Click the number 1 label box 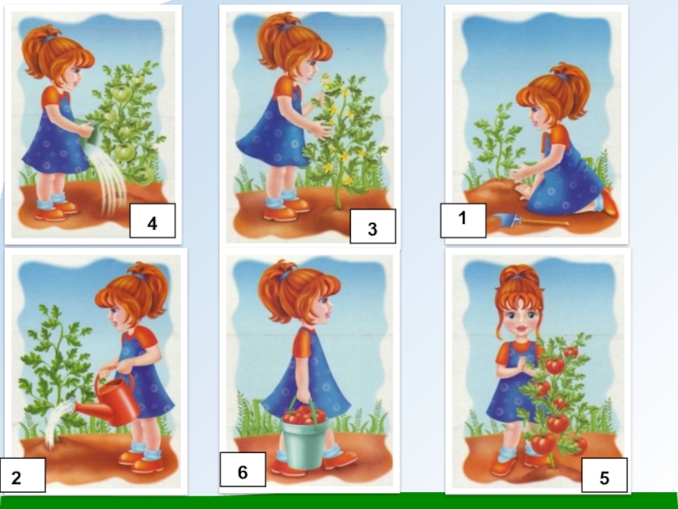(x=463, y=221)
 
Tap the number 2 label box (x=23, y=475)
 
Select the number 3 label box (x=372, y=227)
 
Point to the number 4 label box (x=153, y=221)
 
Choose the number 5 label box (x=604, y=475)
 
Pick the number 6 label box (x=243, y=470)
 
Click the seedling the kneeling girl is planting (x=498, y=142)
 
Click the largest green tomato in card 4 (x=125, y=152)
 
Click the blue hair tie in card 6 (x=283, y=276)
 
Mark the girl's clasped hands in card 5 (x=525, y=366)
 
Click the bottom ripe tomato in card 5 (x=543, y=443)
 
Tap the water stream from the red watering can (x=59, y=422)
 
